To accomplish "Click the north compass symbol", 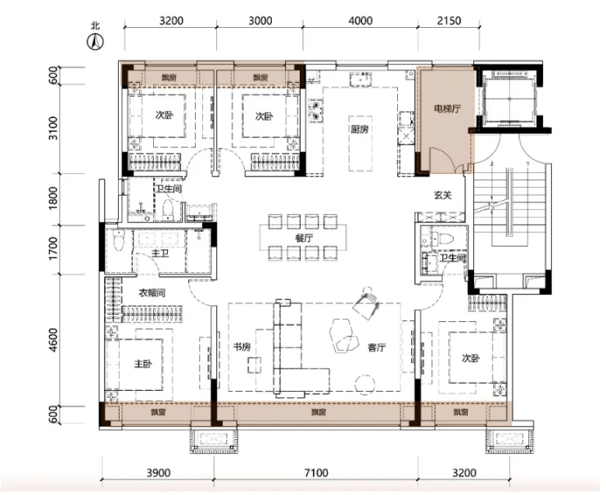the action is pyautogui.click(x=95, y=41).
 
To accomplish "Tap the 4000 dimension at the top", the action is pyautogui.click(x=360, y=20).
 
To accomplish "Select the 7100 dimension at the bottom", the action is pyautogui.click(x=316, y=473).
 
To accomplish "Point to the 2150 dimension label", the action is pyautogui.click(x=449, y=20).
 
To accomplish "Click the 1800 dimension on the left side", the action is pyautogui.click(x=53, y=198).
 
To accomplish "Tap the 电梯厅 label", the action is pyautogui.click(x=447, y=109).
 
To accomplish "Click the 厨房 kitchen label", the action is pyautogui.click(x=359, y=129).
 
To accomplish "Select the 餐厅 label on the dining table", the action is pyautogui.click(x=304, y=238).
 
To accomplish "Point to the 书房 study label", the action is pyautogui.click(x=242, y=347).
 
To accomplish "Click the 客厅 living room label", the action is pyautogui.click(x=377, y=347).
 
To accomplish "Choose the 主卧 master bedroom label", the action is pyautogui.click(x=143, y=364).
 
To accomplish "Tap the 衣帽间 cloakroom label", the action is pyautogui.click(x=151, y=293).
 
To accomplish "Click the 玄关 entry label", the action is pyautogui.click(x=442, y=196).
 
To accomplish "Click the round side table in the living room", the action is pyautogui.click(x=365, y=385).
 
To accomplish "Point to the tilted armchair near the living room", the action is pyautogui.click(x=367, y=302).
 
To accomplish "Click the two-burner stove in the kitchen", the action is pyautogui.click(x=316, y=110).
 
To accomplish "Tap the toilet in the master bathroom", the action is pyautogui.click(x=118, y=239).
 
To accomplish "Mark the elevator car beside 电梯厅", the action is pyautogui.click(x=509, y=99).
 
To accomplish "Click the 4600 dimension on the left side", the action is pyautogui.click(x=53, y=340).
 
